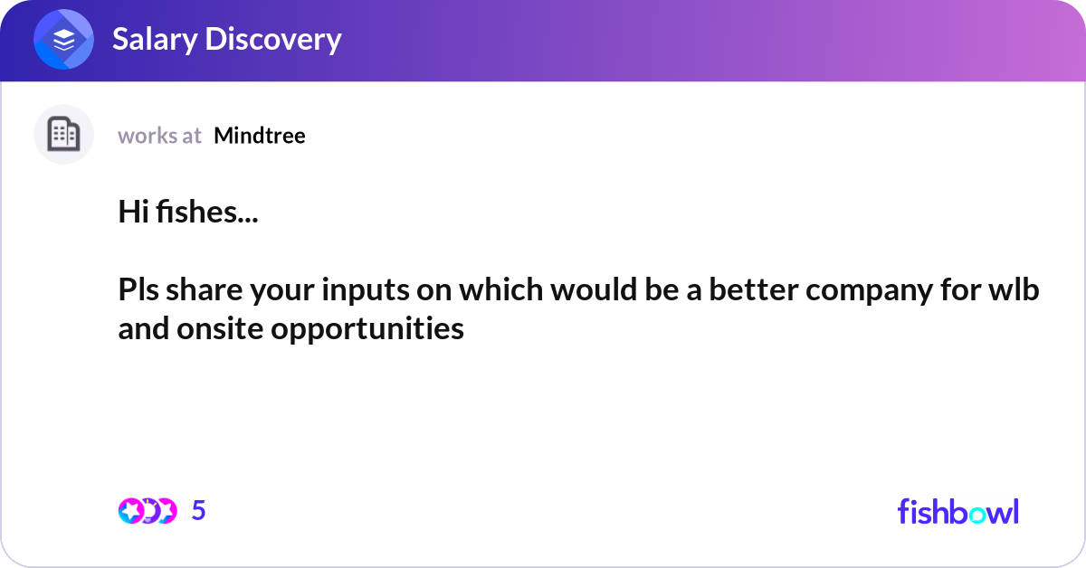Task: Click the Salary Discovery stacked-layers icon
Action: coord(64,40)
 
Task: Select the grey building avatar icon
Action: coord(63,135)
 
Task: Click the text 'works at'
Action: coord(159,136)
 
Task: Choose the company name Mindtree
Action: coord(260,136)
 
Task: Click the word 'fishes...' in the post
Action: coord(204,213)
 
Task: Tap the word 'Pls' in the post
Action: coord(138,291)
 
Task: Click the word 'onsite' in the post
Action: coord(214,329)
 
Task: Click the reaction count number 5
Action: coord(199,511)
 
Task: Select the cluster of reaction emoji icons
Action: coord(147,511)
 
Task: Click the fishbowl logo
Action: coord(957,511)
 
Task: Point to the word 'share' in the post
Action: coord(200,291)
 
